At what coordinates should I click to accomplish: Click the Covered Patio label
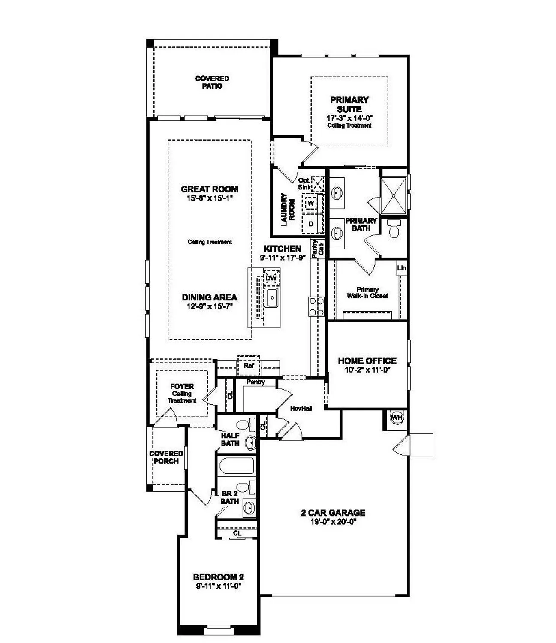pos(212,82)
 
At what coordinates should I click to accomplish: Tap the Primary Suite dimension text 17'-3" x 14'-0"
pos(349,118)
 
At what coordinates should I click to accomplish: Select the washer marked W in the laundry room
pos(311,203)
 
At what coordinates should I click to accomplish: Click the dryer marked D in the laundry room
pos(311,224)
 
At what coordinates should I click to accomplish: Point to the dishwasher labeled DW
pos(271,278)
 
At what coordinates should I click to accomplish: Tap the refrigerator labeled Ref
pos(249,366)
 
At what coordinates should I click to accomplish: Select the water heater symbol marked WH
pos(396,417)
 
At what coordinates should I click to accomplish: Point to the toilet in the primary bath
pos(393,230)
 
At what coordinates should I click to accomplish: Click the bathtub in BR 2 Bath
pos(236,466)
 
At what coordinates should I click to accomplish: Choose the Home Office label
pos(367,361)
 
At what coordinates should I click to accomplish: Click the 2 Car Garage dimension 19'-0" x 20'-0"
pos(333,522)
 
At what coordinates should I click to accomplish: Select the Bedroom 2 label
pos(218,577)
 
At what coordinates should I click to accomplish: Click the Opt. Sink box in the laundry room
pos(318,184)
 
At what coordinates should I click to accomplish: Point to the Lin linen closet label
pos(402,268)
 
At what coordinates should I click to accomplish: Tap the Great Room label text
pos(210,189)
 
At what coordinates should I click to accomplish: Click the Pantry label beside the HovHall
pos(256,382)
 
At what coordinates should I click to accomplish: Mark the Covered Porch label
pos(166,457)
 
